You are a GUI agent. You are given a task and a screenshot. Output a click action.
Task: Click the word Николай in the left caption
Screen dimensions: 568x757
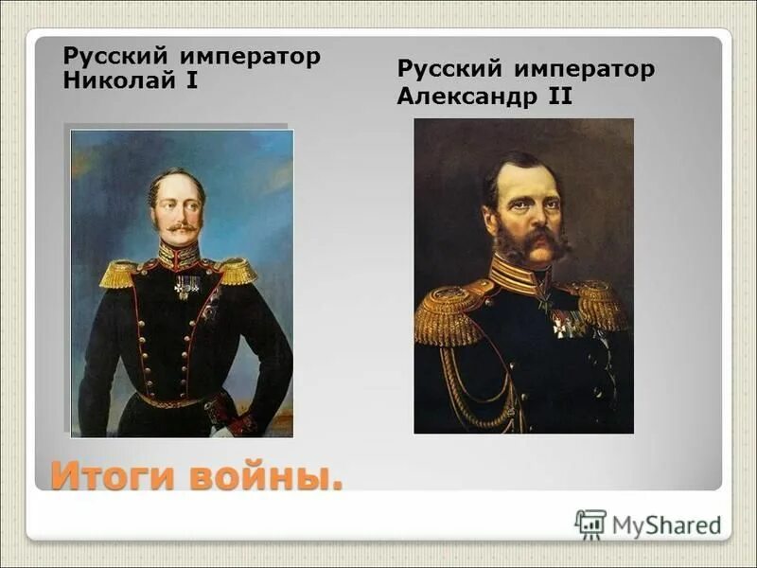(118, 80)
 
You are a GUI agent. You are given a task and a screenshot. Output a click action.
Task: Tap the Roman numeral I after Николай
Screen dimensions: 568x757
(191, 80)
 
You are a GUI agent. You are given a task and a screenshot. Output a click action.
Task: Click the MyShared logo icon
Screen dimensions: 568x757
(590, 524)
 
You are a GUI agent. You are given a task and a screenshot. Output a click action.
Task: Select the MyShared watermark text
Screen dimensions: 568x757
(666, 524)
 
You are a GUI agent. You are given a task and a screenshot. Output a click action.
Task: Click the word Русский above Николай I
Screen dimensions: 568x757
(107, 56)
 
